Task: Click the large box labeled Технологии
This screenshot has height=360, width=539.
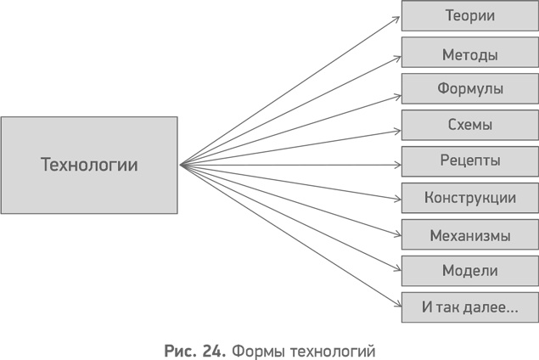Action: pos(89,165)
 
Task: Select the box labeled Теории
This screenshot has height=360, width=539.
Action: pos(469,16)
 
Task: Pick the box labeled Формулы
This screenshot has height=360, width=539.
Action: pos(469,88)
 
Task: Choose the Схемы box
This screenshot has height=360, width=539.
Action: pos(469,125)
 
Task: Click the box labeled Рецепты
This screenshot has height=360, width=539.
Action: pos(469,160)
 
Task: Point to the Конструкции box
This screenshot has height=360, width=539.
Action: pos(469,198)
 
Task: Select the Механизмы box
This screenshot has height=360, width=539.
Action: pos(469,235)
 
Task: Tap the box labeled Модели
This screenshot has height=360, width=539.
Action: pos(469,271)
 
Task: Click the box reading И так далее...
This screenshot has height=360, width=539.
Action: pos(469,307)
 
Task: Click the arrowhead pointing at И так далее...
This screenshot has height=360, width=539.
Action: pos(396,307)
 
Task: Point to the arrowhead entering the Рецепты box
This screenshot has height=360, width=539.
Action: pos(396,162)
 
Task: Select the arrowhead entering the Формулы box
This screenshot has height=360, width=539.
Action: pos(396,89)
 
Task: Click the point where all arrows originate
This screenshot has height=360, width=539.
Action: pos(181,165)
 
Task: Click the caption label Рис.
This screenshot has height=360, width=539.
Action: pos(179,348)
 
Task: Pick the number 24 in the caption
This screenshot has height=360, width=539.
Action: pos(213,348)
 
